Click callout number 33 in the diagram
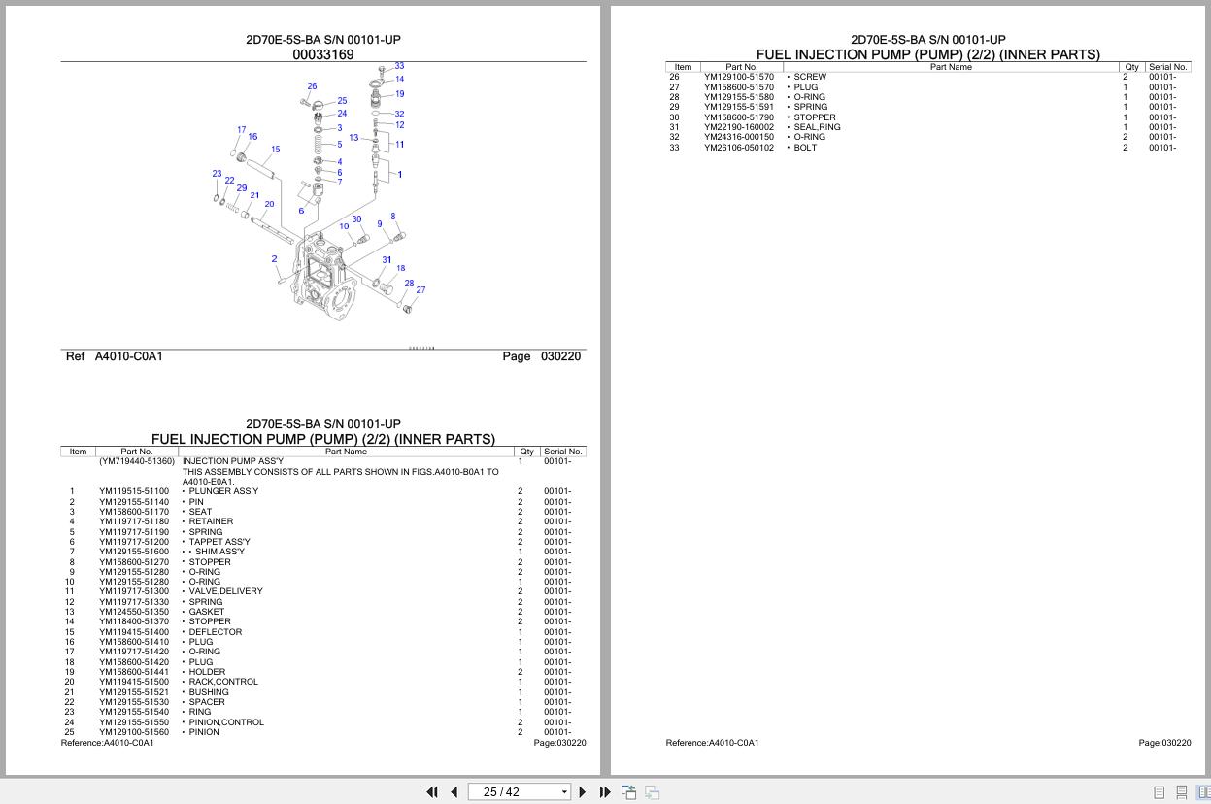(x=399, y=66)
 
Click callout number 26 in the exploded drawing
(x=312, y=86)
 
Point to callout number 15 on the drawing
(x=276, y=150)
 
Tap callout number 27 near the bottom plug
(x=420, y=289)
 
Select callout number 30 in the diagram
(x=356, y=219)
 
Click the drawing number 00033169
(x=323, y=55)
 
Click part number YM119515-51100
(x=133, y=491)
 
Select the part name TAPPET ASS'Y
(x=219, y=542)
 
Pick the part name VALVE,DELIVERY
(x=225, y=591)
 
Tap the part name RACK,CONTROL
(x=223, y=682)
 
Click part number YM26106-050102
(x=739, y=148)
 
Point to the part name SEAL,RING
(x=817, y=127)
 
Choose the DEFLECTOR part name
(x=215, y=632)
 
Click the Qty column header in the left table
(x=526, y=452)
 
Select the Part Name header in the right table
(x=950, y=67)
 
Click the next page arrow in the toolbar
(x=582, y=792)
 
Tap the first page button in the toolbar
(x=432, y=792)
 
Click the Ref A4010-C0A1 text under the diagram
(x=115, y=356)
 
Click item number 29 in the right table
(x=674, y=107)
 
